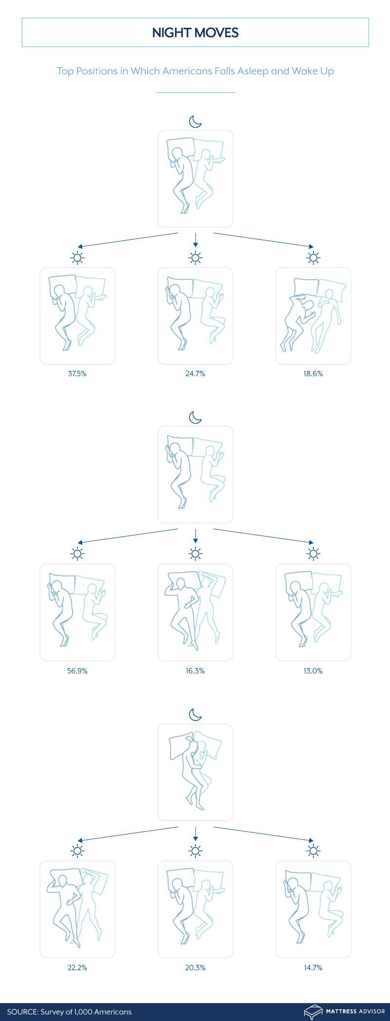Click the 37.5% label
77,374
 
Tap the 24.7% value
195,374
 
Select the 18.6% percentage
313,374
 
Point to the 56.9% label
77,671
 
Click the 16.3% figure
195,671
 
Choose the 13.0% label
313,671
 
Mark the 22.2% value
77,967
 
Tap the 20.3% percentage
195,967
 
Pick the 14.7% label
313,967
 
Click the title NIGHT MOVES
195,33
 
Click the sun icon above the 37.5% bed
78,258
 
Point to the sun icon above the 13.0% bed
313,554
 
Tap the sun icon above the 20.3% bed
195,851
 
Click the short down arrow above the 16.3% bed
195,536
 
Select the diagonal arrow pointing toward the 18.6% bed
263,241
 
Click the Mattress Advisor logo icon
313,1011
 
